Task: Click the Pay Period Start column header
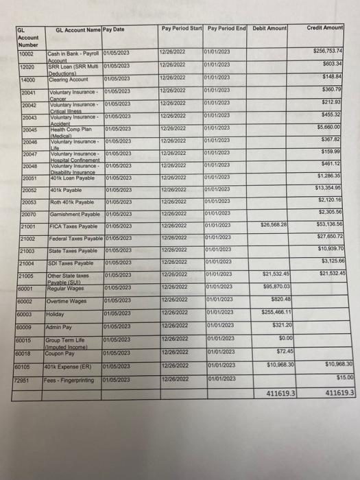(x=181, y=28)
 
